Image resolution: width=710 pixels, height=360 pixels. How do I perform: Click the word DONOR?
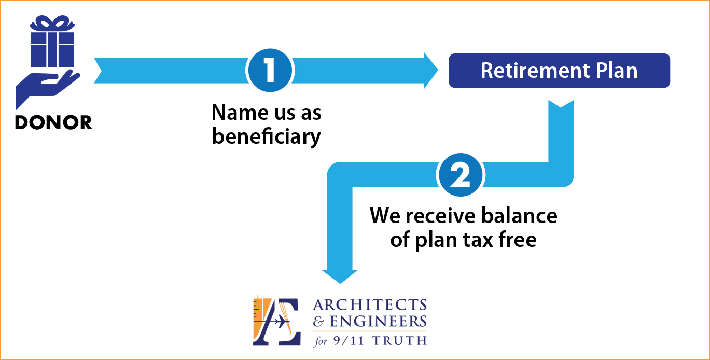point(53,122)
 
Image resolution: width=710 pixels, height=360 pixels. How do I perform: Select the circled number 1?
point(270,70)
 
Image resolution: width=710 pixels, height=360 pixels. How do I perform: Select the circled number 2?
point(460,175)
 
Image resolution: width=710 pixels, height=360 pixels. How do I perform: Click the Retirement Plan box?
point(559,71)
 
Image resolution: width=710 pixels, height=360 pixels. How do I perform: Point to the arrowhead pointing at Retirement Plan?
point(431,71)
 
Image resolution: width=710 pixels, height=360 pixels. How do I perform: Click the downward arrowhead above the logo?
point(340,276)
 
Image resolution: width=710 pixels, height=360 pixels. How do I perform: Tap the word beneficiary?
point(266,137)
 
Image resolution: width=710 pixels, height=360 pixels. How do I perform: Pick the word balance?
point(519,216)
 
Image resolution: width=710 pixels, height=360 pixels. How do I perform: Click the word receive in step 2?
point(441,216)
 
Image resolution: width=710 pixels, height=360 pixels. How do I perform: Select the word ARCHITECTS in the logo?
point(370,304)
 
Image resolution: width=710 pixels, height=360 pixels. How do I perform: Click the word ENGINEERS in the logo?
point(378,321)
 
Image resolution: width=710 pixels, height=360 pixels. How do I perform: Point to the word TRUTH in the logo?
point(399,341)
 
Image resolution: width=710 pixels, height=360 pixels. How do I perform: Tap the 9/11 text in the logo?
point(349,341)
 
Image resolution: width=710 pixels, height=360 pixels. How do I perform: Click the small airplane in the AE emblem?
point(281,322)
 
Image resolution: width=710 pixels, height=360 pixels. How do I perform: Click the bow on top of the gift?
point(52,23)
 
